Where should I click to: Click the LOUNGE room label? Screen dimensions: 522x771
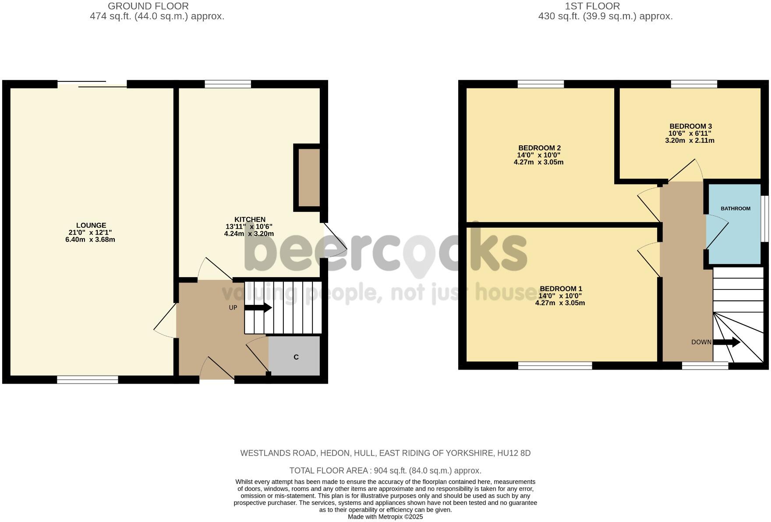click(x=91, y=226)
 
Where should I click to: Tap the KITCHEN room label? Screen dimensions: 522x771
click(x=250, y=219)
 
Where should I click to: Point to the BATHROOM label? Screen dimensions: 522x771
click(x=736, y=208)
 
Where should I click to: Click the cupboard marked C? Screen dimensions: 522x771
click(x=296, y=357)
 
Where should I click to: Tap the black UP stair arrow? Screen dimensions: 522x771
click(x=258, y=308)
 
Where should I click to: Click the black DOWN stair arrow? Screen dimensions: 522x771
click(x=727, y=342)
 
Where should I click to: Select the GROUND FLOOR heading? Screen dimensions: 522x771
click(x=148, y=6)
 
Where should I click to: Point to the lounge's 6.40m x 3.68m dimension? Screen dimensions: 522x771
click(x=90, y=240)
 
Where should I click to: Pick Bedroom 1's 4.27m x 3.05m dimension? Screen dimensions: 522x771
click(x=560, y=303)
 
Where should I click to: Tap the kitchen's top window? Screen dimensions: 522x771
click(x=228, y=84)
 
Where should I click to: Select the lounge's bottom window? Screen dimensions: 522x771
click(x=88, y=380)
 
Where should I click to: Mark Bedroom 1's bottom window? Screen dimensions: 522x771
click(x=555, y=366)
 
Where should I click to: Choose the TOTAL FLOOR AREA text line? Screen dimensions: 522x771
click(x=385, y=471)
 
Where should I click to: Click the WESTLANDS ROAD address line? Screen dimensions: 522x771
click(x=385, y=453)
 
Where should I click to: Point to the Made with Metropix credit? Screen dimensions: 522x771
click(x=385, y=517)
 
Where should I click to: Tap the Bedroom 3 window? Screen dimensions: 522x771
click(x=694, y=84)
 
